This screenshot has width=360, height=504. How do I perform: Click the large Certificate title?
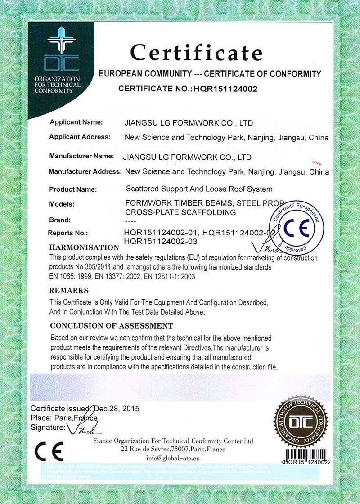(x=196, y=53)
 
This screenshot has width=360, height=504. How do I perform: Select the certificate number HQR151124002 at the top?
(x=225, y=89)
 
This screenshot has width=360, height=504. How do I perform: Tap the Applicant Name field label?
(x=76, y=122)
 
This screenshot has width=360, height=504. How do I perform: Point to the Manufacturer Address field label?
(x=85, y=171)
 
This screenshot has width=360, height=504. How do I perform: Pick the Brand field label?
(x=60, y=220)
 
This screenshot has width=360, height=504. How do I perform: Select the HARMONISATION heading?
(x=84, y=247)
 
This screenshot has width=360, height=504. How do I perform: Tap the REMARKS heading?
(x=69, y=290)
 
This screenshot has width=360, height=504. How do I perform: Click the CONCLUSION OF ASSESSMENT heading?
(x=111, y=325)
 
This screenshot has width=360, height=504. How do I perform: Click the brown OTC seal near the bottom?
(x=301, y=422)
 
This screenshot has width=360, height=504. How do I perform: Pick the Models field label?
(x=62, y=204)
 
